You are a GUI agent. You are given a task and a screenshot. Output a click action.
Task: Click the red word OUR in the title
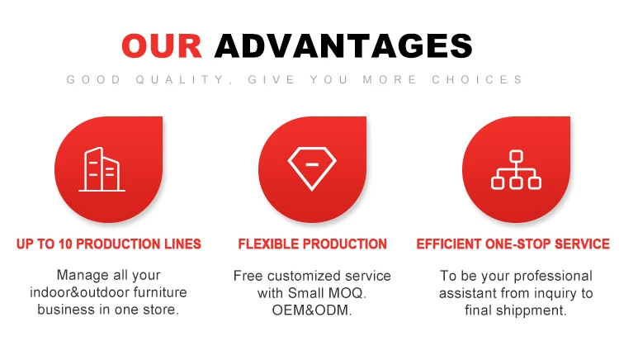coord(162,45)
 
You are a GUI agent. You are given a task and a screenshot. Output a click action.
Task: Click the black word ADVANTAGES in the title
coord(343,45)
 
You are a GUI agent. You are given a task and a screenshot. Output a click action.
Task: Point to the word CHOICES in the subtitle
coord(477,80)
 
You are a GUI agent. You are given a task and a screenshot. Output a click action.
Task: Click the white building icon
coord(102,169)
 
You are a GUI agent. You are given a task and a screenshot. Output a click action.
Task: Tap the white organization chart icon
coord(516,169)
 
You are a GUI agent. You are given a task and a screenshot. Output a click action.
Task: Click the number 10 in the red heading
coord(65,244)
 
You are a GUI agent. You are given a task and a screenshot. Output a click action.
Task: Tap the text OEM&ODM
coord(310,310)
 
